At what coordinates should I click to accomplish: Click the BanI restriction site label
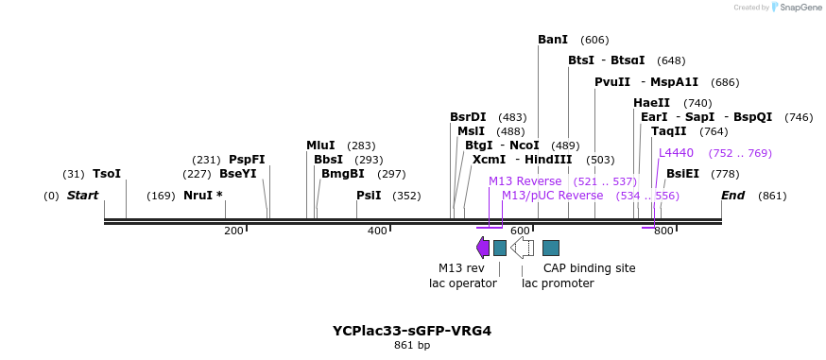click(x=553, y=40)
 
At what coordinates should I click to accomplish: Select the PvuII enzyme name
click(x=612, y=82)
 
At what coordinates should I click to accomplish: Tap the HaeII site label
click(x=651, y=103)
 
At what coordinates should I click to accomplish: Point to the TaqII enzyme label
click(x=669, y=131)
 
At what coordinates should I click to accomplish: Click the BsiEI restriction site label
click(x=682, y=174)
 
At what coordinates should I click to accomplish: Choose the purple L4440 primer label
click(x=676, y=153)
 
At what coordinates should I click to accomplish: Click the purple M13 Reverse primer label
click(x=525, y=181)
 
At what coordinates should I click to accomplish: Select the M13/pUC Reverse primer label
click(x=552, y=196)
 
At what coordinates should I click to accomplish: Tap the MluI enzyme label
click(x=320, y=146)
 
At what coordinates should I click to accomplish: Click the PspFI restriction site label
click(x=247, y=160)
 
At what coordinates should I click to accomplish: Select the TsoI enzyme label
click(x=107, y=174)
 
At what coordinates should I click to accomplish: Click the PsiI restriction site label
click(x=369, y=196)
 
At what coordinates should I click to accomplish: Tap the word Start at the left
click(x=82, y=196)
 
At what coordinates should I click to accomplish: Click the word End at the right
click(x=732, y=196)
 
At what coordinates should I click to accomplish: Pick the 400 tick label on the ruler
click(x=376, y=231)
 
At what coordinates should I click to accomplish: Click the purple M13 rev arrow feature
click(x=483, y=248)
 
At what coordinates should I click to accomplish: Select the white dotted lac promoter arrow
click(x=522, y=248)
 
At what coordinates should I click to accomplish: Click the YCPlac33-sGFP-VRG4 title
click(x=412, y=331)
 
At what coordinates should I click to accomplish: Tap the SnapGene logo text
click(x=799, y=8)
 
